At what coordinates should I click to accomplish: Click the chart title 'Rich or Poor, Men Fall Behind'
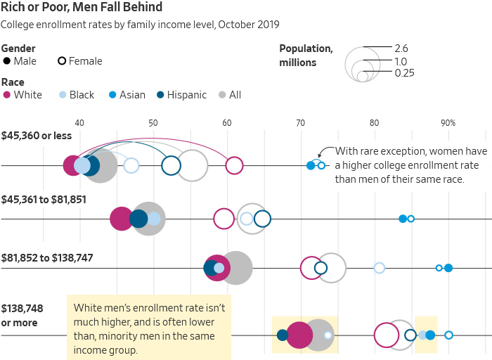pos(82,8)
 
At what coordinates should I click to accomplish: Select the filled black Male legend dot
pos(7,61)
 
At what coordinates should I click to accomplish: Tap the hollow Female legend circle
pos(62,61)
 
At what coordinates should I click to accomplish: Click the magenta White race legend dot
pos(7,95)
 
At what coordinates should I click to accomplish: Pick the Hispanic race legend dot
pos(160,95)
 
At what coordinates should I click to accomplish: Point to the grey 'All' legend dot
pos(223,95)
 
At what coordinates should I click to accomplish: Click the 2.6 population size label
pos(401,49)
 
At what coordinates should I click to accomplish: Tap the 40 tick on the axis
pos(79,123)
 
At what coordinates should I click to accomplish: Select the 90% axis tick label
pos(448,123)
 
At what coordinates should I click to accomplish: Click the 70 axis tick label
pos(300,123)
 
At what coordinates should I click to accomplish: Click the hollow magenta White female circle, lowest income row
pos(234,166)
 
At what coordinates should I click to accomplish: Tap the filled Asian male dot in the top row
pos(311,166)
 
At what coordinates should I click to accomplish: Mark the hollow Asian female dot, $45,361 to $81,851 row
pos(411,219)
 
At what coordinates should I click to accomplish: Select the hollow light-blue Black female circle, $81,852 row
pos(380,268)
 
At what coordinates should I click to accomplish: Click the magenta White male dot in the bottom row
pos(299,335)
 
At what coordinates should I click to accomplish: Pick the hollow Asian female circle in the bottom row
pos(448,335)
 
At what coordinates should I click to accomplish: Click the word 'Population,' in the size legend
pos(306,49)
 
